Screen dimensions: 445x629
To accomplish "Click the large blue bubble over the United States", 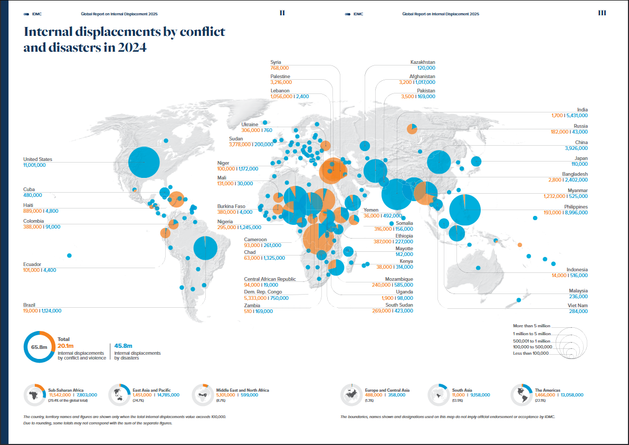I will coord(144,162).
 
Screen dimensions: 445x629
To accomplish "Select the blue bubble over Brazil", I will coord(205,247).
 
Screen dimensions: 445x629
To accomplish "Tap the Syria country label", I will coord(276,62).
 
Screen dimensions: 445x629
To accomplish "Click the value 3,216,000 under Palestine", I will coord(280,82).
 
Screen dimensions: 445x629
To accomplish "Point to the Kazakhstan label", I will coord(423,62).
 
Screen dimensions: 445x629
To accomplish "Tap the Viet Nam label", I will coord(577,306).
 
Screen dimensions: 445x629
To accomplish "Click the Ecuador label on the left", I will coord(32,264).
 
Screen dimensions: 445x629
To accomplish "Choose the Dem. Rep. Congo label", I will coord(263,292).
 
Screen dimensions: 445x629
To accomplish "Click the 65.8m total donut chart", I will coord(39,347).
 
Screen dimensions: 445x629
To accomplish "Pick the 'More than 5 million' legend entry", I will coord(531,326).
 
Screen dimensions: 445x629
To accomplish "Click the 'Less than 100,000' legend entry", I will coord(531,353).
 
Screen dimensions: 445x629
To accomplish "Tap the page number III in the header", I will coord(602,13).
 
